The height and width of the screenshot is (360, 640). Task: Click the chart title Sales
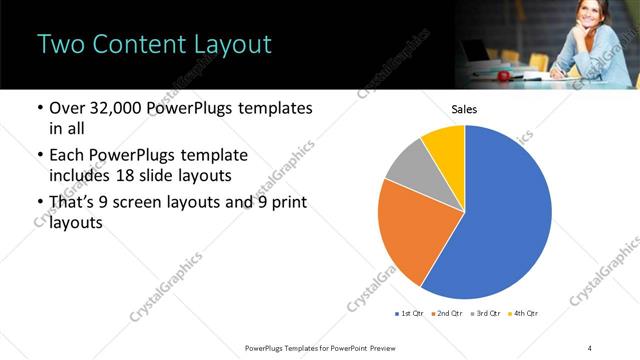(464, 109)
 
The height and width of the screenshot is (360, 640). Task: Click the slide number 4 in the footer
(589, 347)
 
